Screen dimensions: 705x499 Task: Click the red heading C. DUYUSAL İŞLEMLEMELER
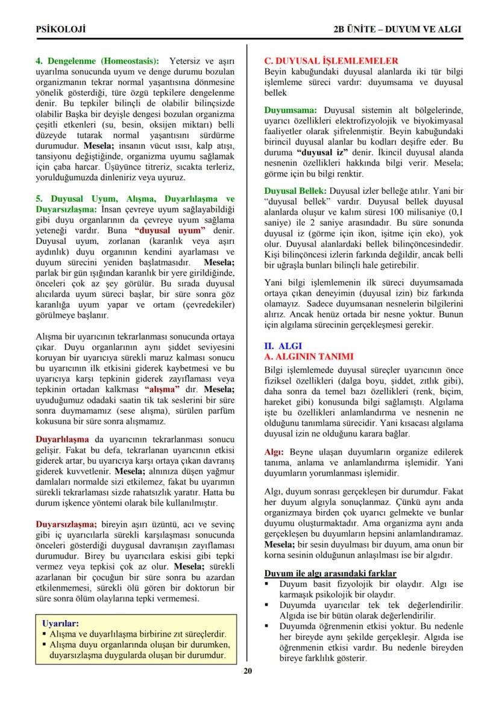[x=331, y=61]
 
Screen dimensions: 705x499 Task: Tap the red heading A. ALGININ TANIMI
[x=309, y=356]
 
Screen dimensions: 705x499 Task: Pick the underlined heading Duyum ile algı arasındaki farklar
[x=331, y=573]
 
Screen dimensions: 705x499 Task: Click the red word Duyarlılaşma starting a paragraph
[x=62, y=439]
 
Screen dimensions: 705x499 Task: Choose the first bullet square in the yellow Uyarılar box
[x=45, y=634]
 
